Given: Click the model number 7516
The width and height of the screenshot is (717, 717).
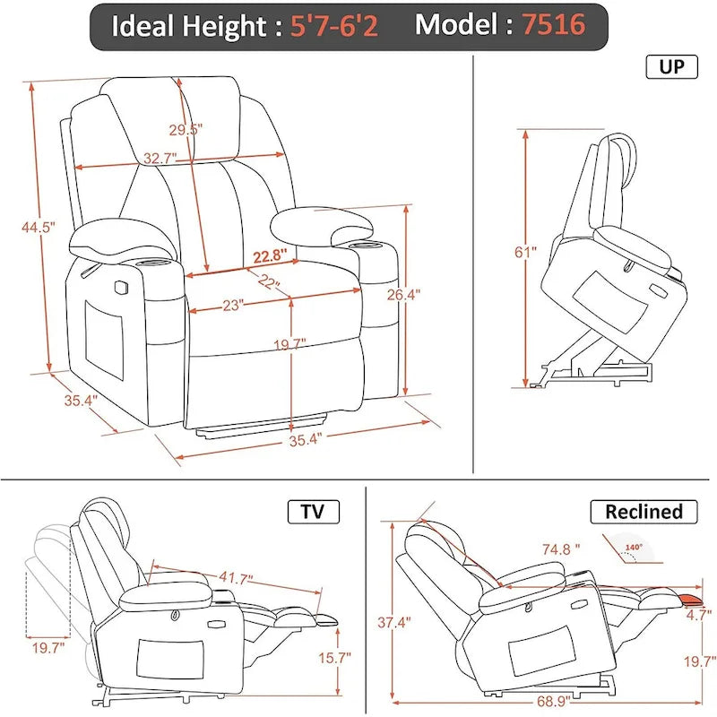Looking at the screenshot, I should pyautogui.click(x=554, y=25).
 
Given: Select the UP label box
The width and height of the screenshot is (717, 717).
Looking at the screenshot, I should pyautogui.click(x=670, y=67).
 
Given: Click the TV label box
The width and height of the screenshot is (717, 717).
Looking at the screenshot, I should pyautogui.click(x=312, y=512).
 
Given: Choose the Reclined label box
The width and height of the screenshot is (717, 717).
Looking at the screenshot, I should pyautogui.click(x=643, y=512).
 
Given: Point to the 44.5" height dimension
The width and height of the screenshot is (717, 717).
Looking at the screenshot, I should pyautogui.click(x=39, y=228).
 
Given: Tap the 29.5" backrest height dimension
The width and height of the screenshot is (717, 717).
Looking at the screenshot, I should pyautogui.click(x=186, y=129).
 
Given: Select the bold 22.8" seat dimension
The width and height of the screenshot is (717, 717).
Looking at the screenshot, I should pyautogui.click(x=269, y=256).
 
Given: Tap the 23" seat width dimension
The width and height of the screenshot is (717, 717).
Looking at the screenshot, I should pyautogui.click(x=235, y=305).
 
